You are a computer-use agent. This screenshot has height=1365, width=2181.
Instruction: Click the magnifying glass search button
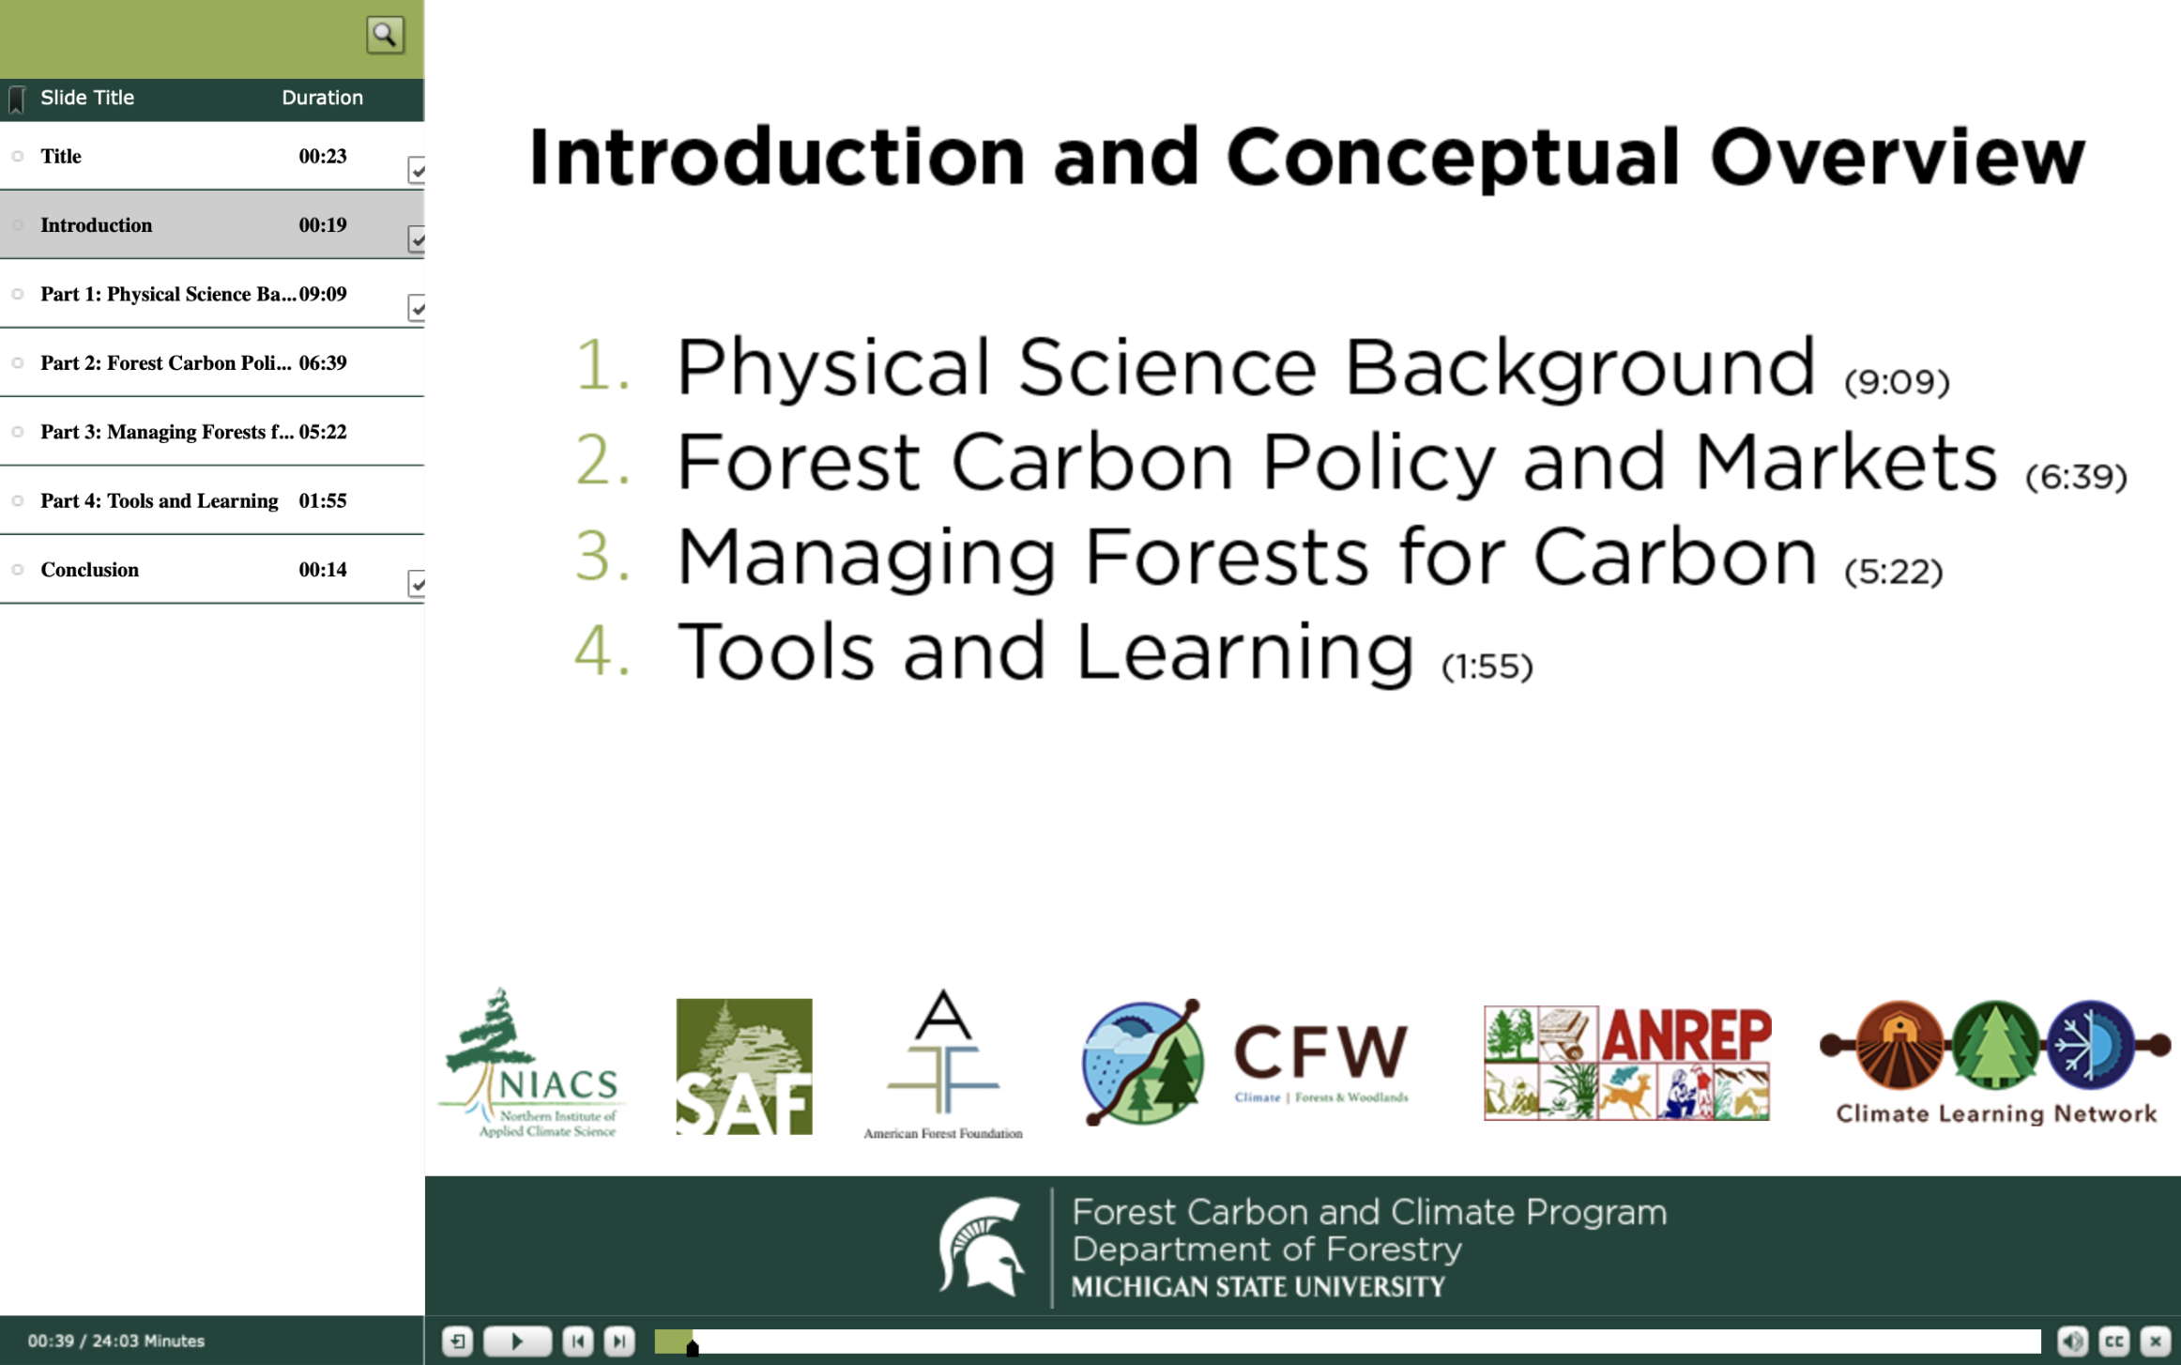[x=385, y=36]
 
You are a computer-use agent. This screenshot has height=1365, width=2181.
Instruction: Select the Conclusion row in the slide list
[x=90, y=570]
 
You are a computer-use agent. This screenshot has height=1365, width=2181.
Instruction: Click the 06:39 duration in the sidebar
[x=322, y=363]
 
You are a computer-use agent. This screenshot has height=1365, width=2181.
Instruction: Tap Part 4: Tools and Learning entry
[x=159, y=501]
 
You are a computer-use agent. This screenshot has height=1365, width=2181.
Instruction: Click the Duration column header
[x=322, y=98]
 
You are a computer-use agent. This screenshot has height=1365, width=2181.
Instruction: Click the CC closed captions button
[x=2113, y=1341]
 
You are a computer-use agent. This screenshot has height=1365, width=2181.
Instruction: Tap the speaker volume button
[x=2072, y=1341]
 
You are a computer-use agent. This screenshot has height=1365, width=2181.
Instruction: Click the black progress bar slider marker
[x=693, y=1348]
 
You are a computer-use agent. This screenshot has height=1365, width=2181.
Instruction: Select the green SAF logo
[x=743, y=1066]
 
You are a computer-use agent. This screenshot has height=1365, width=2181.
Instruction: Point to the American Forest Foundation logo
[x=942, y=1065]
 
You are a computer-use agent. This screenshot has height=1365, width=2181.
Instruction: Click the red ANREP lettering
[x=1686, y=1035]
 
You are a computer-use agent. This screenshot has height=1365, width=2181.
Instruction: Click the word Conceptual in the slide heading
[x=1452, y=158]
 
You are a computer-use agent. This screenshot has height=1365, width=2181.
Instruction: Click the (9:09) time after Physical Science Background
[x=1897, y=382]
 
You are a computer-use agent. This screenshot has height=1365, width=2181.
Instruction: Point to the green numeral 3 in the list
[x=601, y=555]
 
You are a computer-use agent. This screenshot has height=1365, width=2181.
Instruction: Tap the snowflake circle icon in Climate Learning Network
[x=2091, y=1044]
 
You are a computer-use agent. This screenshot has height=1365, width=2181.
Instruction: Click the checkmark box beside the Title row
[x=417, y=170]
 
